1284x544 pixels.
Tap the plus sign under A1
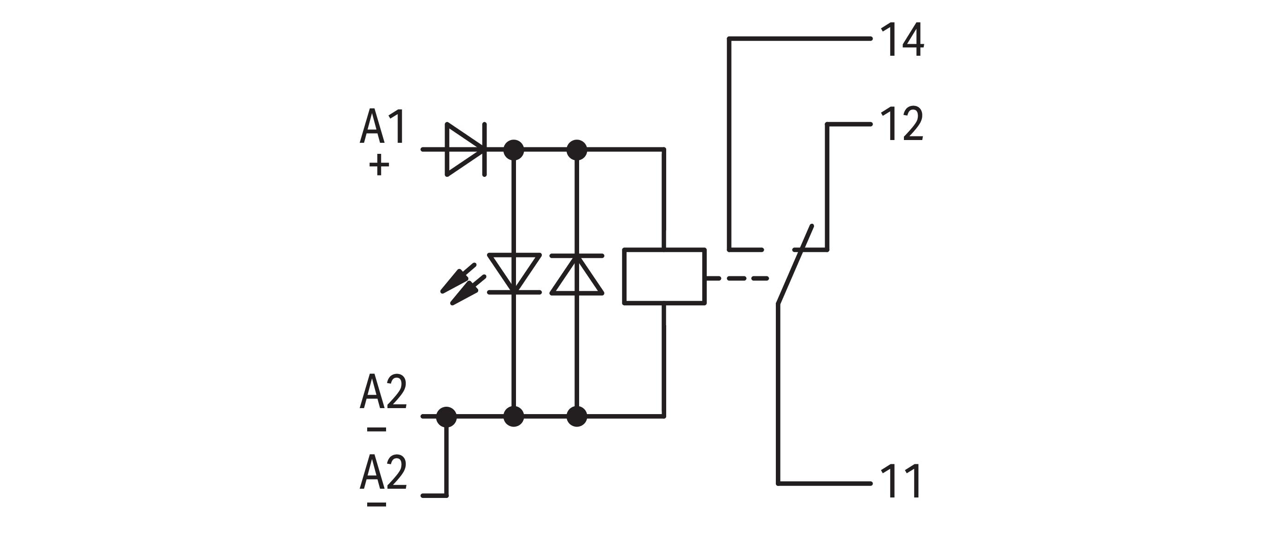coord(379,165)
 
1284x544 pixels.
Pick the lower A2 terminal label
coord(383,472)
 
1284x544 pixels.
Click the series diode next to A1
coord(465,149)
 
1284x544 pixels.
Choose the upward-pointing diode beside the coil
coord(577,275)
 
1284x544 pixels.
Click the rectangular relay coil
coord(664,276)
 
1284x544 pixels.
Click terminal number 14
coord(902,40)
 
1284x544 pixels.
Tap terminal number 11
coord(901,482)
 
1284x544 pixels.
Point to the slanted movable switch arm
coord(795,264)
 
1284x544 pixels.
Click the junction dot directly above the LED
coord(514,149)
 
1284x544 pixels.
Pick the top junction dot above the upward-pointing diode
coord(577,149)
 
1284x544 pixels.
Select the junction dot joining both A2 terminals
coord(446,416)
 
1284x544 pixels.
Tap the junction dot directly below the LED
coord(514,416)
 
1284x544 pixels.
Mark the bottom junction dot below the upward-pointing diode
coord(577,416)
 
